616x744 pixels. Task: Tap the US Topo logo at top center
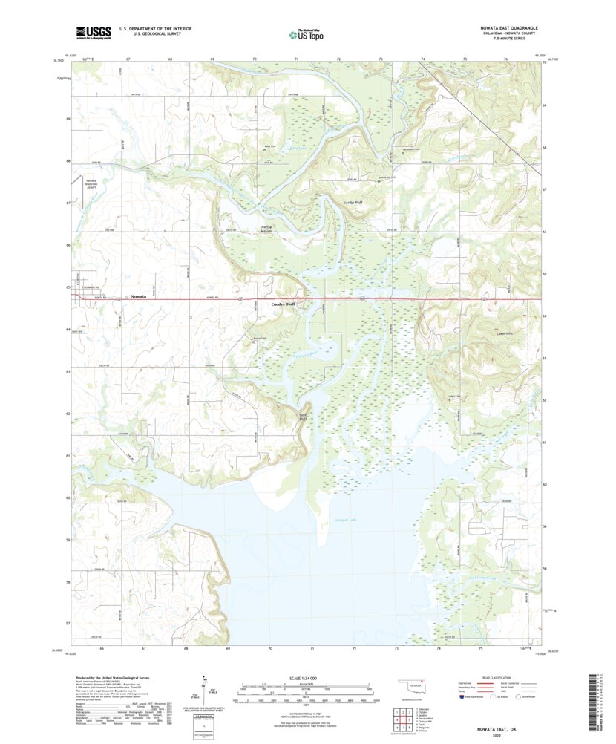pos(307,33)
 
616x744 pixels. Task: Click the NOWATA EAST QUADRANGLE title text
pos(504,27)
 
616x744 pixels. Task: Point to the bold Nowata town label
pos(138,296)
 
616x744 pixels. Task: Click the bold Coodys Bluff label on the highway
pos(283,304)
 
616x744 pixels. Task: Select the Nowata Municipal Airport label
pos(91,185)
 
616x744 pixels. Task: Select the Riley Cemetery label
pos(271,147)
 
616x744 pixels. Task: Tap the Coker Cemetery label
pos(445,397)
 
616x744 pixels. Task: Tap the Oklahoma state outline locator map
pos(407,685)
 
